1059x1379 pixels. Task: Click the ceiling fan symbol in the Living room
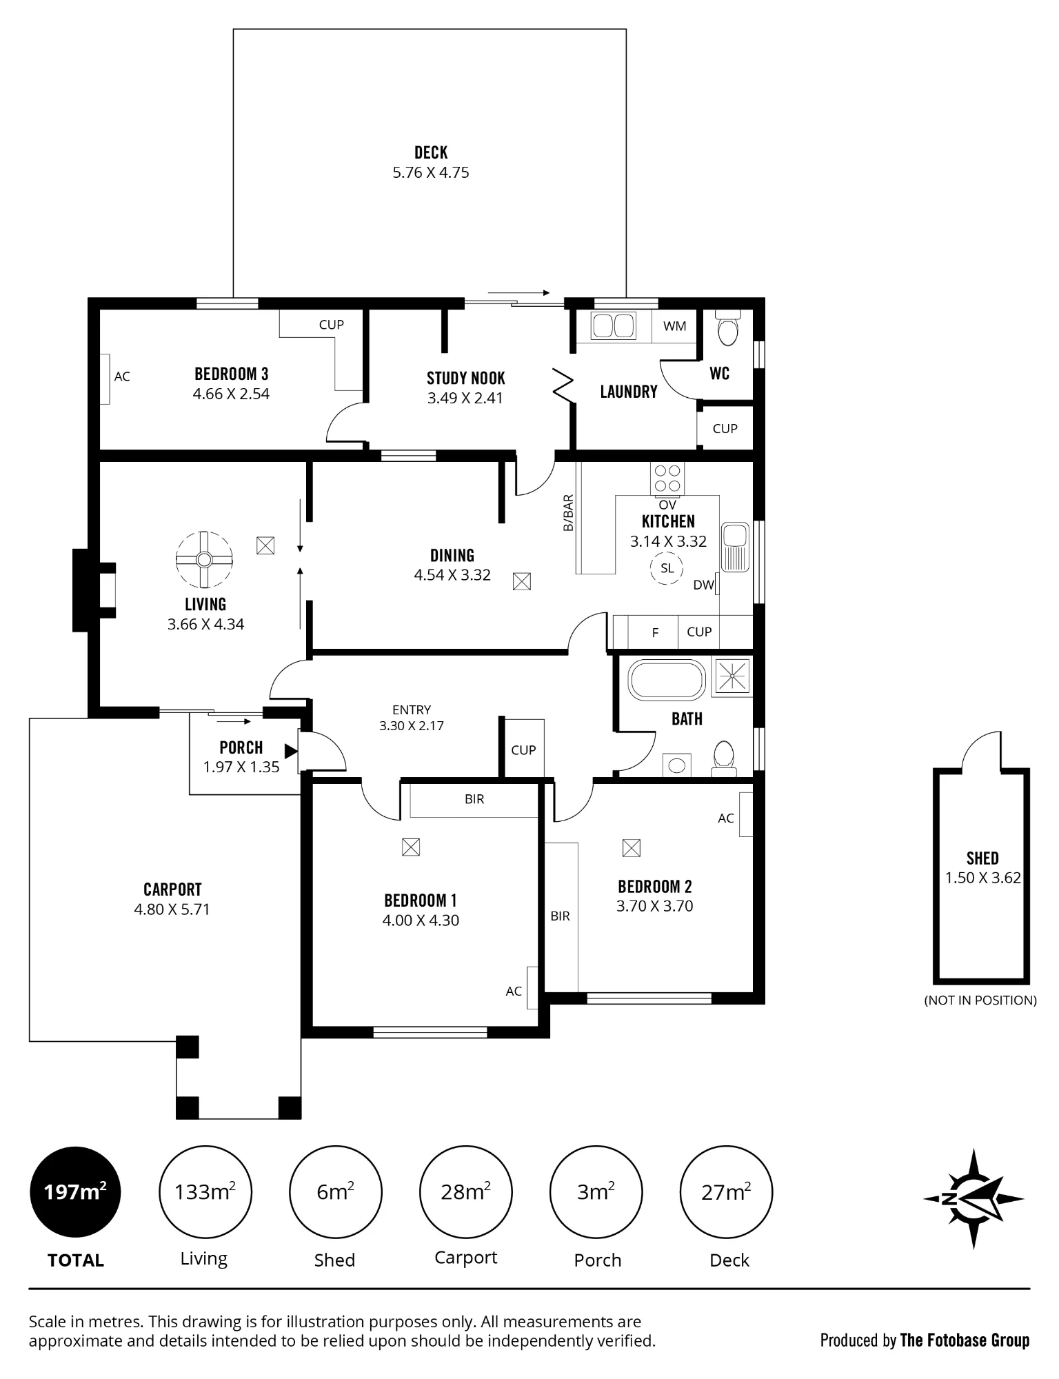tap(204, 559)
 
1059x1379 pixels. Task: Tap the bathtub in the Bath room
tap(667, 680)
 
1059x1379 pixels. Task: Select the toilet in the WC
tap(727, 328)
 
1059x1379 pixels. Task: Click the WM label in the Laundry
tap(675, 326)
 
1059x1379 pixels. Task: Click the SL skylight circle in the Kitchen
tap(667, 569)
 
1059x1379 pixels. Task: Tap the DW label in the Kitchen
tap(703, 585)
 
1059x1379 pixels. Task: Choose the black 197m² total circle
tap(75, 1192)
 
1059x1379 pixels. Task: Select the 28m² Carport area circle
tap(466, 1192)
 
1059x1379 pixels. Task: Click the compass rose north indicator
tap(974, 1199)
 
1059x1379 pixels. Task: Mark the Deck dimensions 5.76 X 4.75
tap(431, 172)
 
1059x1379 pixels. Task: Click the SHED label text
tap(982, 858)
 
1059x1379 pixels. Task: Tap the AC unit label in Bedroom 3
tap(122, 376)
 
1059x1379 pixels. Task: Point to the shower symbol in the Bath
tap(732, 676)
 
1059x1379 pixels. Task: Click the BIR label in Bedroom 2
tap(560, 916)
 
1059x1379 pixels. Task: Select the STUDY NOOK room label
tap(466, 378)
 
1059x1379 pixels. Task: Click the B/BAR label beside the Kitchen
tap(568, 513)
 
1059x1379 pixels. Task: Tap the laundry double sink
tap(614, 326)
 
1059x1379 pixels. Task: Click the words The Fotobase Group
tap(965, 1340)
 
